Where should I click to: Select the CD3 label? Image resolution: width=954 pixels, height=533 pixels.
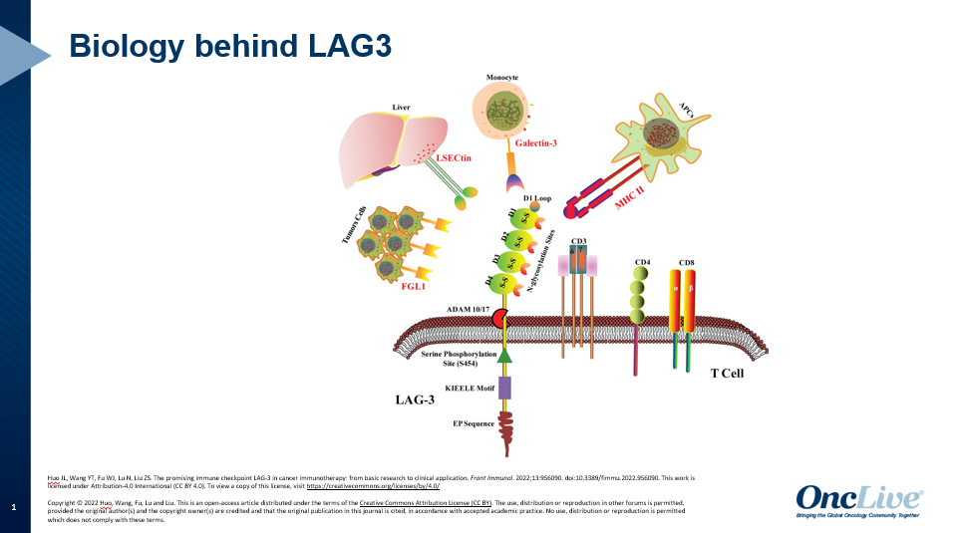click(579, 241)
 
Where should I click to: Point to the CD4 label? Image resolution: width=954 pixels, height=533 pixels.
click(643, 263)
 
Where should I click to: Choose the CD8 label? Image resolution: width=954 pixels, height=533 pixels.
click(687, 263)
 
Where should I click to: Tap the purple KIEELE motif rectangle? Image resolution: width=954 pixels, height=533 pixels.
click(504, 388)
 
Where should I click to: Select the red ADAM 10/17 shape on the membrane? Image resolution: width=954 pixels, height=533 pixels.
click(498, 317)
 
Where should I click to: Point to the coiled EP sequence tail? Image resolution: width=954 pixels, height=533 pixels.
click(504, 427)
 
